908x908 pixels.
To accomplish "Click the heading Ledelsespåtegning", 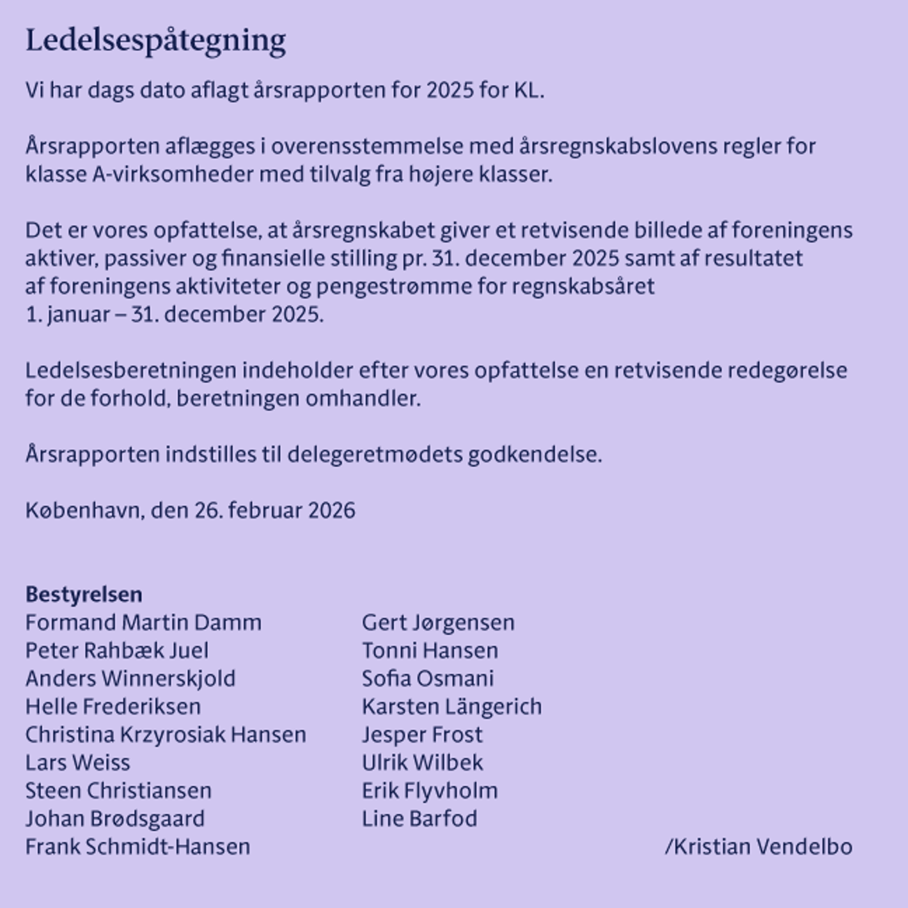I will (155, 40).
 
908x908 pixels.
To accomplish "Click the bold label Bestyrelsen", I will (84, 595).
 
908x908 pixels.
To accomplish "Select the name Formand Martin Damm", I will (143, 623).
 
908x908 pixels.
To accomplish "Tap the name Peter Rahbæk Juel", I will (117, 651).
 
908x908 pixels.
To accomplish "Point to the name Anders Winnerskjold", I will (130, 678).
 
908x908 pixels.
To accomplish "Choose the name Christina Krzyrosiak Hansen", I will (166, 735).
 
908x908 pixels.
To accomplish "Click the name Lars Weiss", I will (77, 763).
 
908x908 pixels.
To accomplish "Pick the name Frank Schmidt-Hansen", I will (137, 847).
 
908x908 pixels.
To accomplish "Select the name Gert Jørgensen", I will (438, 623).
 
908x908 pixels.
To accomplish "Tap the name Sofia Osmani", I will (428, 678).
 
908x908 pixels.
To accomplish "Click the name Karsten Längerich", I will (451, 707).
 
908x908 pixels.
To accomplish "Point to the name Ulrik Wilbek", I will (422, 763).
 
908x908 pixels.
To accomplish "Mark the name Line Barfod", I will (419, 818).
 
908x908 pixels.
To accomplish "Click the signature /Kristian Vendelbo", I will (758, 847).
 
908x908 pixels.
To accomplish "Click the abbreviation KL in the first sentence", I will (528, 90).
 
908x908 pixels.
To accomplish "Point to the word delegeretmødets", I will (375, 455).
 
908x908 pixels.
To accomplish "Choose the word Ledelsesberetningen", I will (130, 370).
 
